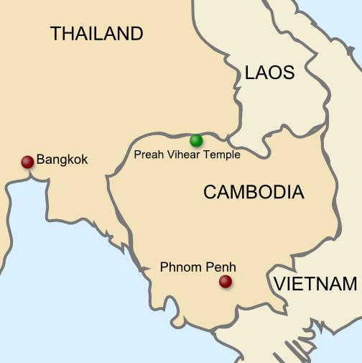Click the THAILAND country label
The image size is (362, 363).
point(96,33)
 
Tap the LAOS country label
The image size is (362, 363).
point(269,73)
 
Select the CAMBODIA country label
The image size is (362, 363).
point(254,192)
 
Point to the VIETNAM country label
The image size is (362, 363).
point(315,284)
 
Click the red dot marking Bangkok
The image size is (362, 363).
point(27,162)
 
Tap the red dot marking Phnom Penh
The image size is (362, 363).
point(226,281)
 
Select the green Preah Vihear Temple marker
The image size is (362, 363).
point(196,140)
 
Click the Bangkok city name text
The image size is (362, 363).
point(62,160)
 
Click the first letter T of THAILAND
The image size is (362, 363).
point(55,33)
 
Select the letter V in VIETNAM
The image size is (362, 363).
point(279,284)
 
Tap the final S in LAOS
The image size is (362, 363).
point(289,73)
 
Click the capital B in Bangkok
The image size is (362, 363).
point(40,160)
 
